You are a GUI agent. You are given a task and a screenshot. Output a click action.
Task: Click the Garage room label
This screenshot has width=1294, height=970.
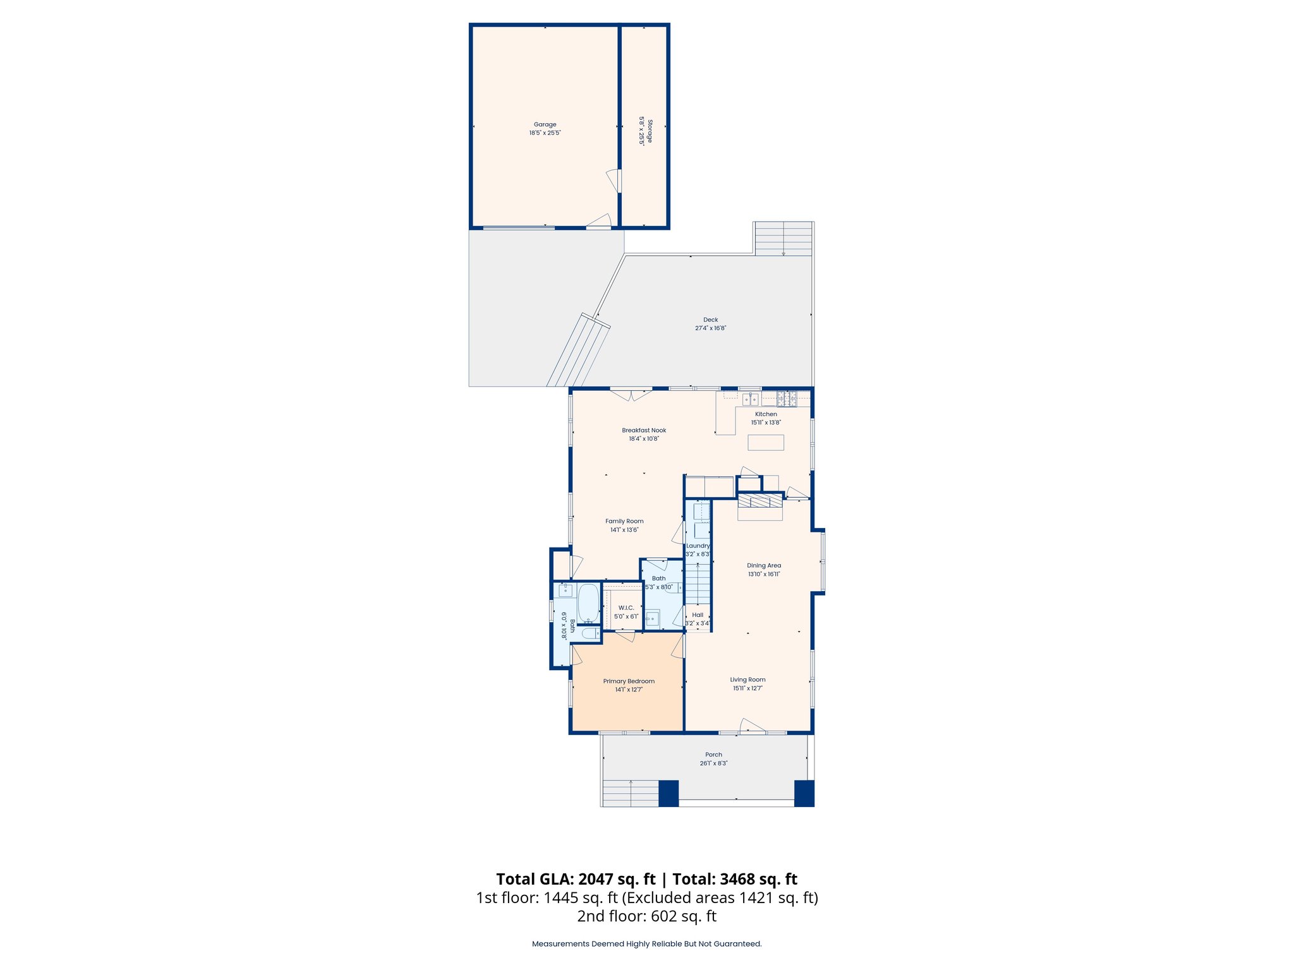coord(545,124)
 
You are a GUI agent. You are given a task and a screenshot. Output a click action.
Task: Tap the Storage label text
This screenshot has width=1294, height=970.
coord(650,131)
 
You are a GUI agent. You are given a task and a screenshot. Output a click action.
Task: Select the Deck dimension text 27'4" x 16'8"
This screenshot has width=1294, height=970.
coord(710,328)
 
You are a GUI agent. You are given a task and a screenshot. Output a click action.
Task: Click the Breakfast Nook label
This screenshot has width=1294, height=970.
coord(644,430)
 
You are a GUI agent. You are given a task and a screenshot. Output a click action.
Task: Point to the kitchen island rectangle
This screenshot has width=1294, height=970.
coord(766,442)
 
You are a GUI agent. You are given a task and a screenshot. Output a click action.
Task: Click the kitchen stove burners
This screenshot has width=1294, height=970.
coord(787,398)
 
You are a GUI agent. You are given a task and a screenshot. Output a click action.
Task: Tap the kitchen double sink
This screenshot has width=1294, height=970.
coord(750,399)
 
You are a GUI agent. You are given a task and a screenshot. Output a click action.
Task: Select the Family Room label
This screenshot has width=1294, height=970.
coord(624,522)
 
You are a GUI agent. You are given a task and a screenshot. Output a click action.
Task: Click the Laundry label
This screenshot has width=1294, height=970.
coord(698,546)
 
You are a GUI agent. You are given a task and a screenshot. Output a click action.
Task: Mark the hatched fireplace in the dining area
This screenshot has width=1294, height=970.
coord(761,501)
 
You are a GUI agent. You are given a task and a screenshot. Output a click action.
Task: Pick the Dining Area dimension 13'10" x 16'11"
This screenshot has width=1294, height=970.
coord(764,574)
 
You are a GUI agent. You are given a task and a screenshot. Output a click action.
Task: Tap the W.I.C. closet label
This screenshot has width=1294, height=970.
coord(626,608)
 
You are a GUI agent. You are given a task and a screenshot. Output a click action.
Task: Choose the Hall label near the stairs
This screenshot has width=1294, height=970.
coord(698,614)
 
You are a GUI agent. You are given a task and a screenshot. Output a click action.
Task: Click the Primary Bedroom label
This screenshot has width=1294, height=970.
coord(629,681)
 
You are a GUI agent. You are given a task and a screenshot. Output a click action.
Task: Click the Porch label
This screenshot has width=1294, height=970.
coord(713,755)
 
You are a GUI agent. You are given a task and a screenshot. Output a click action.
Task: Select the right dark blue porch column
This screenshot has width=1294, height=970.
coord(804,793)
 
